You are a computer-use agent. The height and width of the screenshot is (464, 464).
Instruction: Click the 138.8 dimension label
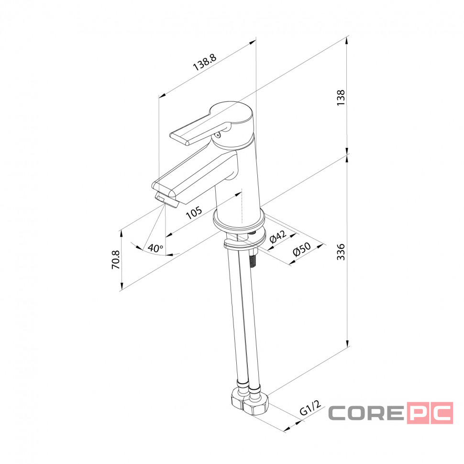(x=205, y=62)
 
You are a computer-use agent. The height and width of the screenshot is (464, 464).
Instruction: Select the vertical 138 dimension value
(x=341, y=98)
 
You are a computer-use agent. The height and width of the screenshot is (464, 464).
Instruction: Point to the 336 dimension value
(x=341, y=252)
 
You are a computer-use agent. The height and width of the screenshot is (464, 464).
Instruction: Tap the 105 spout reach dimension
(x=194, y=212)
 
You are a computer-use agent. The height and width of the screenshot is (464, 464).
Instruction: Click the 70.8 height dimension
(x=115, y=260)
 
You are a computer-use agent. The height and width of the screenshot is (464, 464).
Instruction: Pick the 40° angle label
(x=155, y=248)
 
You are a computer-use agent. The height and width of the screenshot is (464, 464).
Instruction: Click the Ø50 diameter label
(x=301, y=249)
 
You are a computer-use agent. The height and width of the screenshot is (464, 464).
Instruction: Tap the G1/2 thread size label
(x=310, y=408)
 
